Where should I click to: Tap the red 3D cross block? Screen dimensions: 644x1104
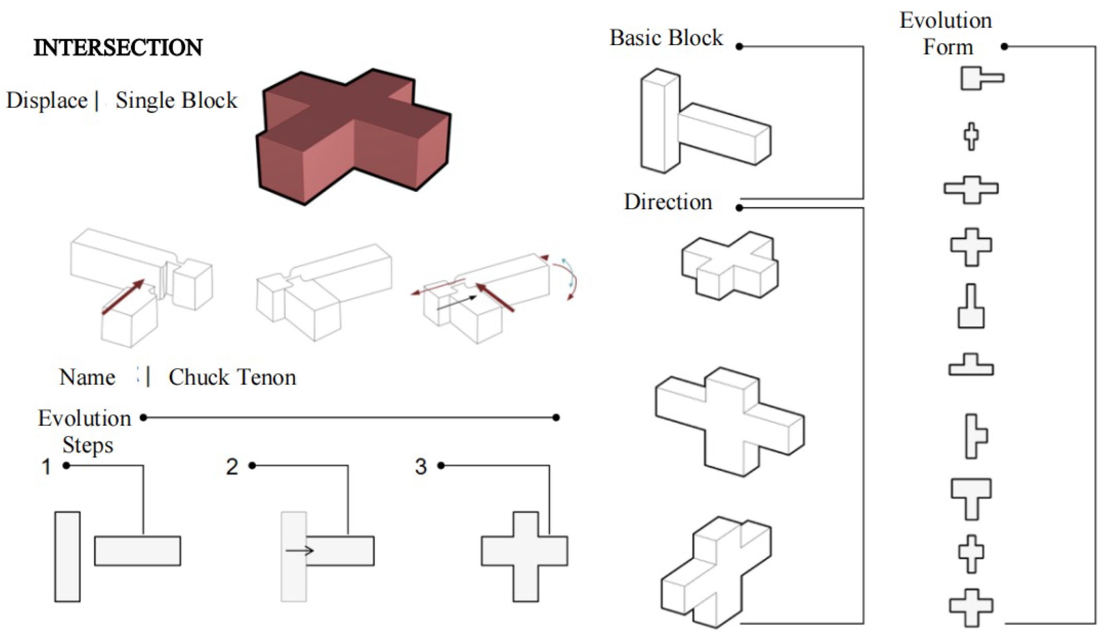(353, 136)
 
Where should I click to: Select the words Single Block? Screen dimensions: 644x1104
(176, 100)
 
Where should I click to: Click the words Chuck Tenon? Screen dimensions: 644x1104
(232, 377)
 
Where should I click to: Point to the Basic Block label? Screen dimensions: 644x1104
(666, 38)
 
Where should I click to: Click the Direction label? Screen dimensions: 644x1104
(668, 202)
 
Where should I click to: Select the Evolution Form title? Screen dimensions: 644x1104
(946, 33)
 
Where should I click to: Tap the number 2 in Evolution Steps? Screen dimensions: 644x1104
(232, 467)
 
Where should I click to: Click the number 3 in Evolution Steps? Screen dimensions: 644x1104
(421, 467)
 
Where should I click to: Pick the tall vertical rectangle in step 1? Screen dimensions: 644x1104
(67, 556)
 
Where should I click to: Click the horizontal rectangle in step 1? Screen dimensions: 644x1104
(137, 551)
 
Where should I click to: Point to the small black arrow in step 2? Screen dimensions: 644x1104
(300, 551)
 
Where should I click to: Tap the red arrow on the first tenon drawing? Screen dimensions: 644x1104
(123, 296)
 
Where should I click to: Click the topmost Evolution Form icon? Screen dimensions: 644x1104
(981, 78)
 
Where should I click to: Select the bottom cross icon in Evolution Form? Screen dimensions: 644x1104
(971, 607)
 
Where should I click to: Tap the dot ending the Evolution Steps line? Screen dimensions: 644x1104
(556, 417)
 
